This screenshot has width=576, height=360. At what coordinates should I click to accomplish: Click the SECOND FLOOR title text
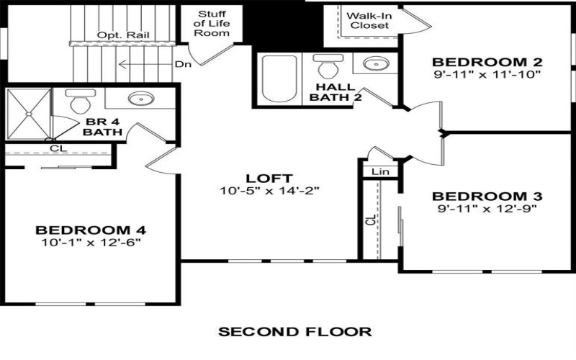(x=294, y=332)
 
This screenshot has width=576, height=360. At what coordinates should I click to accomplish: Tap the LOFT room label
(x=269, y=178)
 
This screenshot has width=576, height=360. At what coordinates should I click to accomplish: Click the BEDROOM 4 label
(x=91, y=230)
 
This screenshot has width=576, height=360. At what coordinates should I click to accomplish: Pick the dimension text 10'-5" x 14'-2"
(x=269, y=191)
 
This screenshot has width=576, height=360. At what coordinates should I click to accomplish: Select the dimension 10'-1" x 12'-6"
(x=91, y=243)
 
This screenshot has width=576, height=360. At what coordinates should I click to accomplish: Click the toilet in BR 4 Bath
(x=76, y=102)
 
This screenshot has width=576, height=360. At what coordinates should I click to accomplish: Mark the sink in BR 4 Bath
(x=137, y=99)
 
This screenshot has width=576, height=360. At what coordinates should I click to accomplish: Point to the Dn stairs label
(x=182, y=64)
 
